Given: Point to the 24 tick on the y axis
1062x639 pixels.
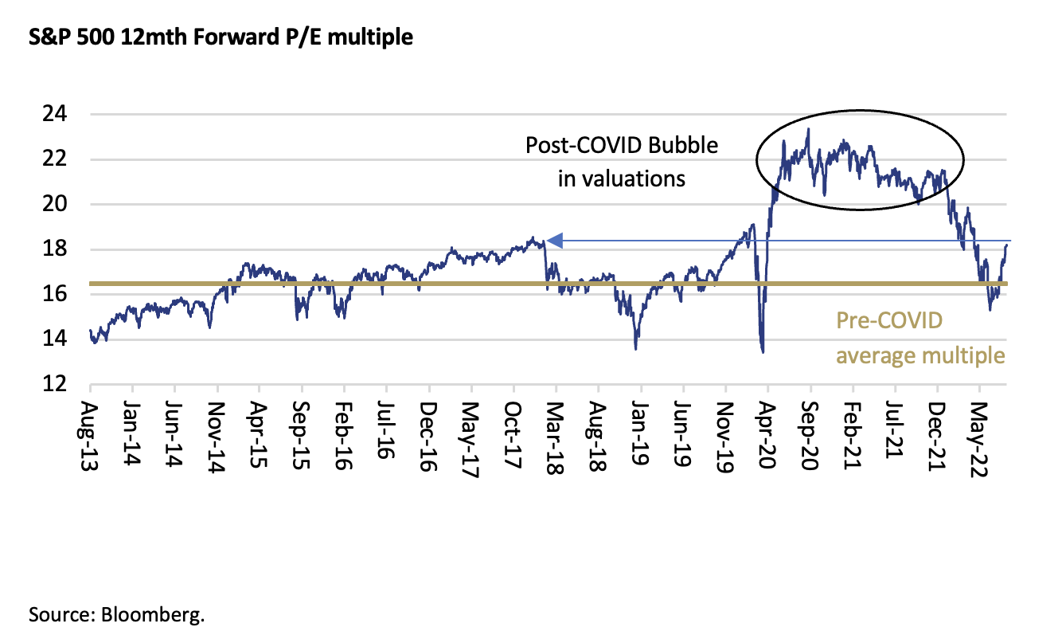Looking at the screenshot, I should [x=59, y=115].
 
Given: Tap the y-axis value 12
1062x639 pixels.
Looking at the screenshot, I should [x=59, y=385].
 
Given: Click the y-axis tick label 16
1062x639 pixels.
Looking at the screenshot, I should [x=59, y=295].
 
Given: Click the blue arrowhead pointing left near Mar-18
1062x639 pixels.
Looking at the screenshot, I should [x=555, y=240].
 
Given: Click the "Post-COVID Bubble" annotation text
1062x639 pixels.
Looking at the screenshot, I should [x=622, y=147].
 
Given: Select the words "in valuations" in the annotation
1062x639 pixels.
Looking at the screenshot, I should [x=622, y=178].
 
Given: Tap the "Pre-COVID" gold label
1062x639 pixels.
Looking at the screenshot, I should [x=888, y=320].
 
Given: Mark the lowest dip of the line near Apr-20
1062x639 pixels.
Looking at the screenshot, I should [x=763, y=351].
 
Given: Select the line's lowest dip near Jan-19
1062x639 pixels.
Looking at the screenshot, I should [x=635, y=348].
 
